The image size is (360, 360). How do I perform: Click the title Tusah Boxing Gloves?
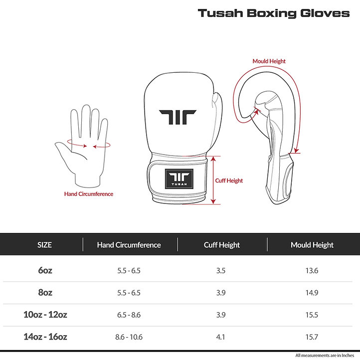point(274,13)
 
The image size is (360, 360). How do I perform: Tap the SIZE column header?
point(44,245)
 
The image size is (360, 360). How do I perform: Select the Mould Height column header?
point(312,245)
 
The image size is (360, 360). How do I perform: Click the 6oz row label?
point(45,270)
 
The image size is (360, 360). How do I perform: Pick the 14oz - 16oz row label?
point(45,337)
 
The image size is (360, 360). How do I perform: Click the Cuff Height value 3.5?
point(221,270)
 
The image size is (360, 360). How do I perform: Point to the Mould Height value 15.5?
point(312,315)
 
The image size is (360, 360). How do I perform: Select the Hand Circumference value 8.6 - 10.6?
point(129,337)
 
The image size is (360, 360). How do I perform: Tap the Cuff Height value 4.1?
point(220,337)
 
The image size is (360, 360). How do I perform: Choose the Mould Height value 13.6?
point(312,270)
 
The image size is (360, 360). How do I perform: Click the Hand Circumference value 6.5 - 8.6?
point(129,315)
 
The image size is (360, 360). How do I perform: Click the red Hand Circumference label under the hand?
point(89,194)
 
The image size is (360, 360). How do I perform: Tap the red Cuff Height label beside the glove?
point(229,180)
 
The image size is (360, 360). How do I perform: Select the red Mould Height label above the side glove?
point(269,61)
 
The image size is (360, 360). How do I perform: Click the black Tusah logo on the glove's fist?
point(178,117)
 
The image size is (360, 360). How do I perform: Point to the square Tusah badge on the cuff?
point(179,179)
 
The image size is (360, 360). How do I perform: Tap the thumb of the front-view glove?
point(217,115)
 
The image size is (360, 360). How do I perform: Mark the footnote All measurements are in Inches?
point(325,356)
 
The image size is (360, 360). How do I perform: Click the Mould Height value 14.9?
point(312,293)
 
